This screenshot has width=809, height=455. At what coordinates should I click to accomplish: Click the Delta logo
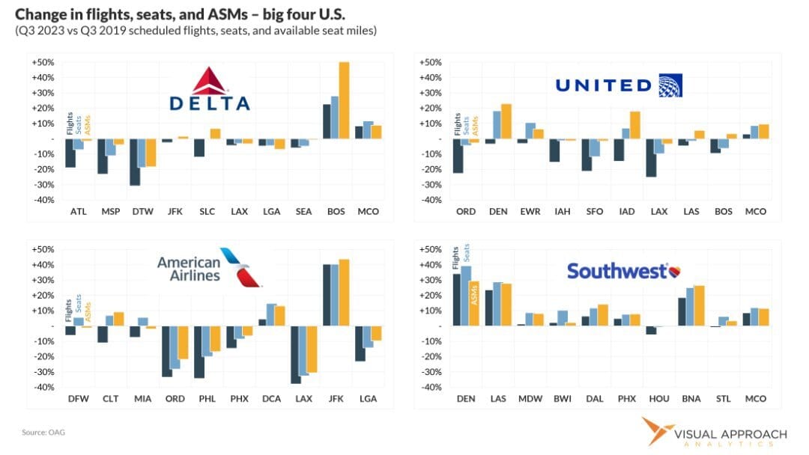pos(209,89)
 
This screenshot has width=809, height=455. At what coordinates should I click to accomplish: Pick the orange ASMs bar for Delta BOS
pos(344,100)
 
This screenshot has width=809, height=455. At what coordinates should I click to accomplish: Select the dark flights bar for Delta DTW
pos(135,162)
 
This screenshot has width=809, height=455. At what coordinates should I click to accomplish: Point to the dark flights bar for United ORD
pos(458,156)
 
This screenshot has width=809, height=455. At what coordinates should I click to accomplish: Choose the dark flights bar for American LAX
pos(296,355)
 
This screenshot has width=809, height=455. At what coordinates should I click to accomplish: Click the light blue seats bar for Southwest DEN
pos(467,296)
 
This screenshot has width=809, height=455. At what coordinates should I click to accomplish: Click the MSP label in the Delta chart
pos(110,212)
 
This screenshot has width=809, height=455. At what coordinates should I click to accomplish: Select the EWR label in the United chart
pos(530,212)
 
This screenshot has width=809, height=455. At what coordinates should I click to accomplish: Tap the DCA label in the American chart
pos(270,399)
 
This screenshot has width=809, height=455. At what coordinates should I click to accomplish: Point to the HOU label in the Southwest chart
pos(658,399)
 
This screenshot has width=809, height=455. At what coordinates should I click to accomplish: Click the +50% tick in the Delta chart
pos(42,62)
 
